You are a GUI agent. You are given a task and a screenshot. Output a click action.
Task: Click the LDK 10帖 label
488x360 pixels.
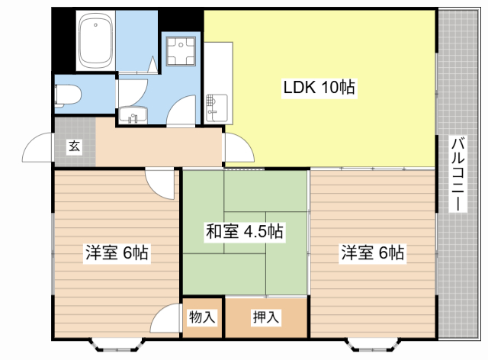click(319, 88)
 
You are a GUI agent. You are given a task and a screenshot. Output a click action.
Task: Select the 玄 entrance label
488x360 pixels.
click(74, 146)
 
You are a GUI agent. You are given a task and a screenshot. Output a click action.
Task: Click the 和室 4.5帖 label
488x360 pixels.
click(244, 231)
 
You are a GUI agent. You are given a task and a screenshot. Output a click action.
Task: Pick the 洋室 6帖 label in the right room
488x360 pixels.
click(372, 252)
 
